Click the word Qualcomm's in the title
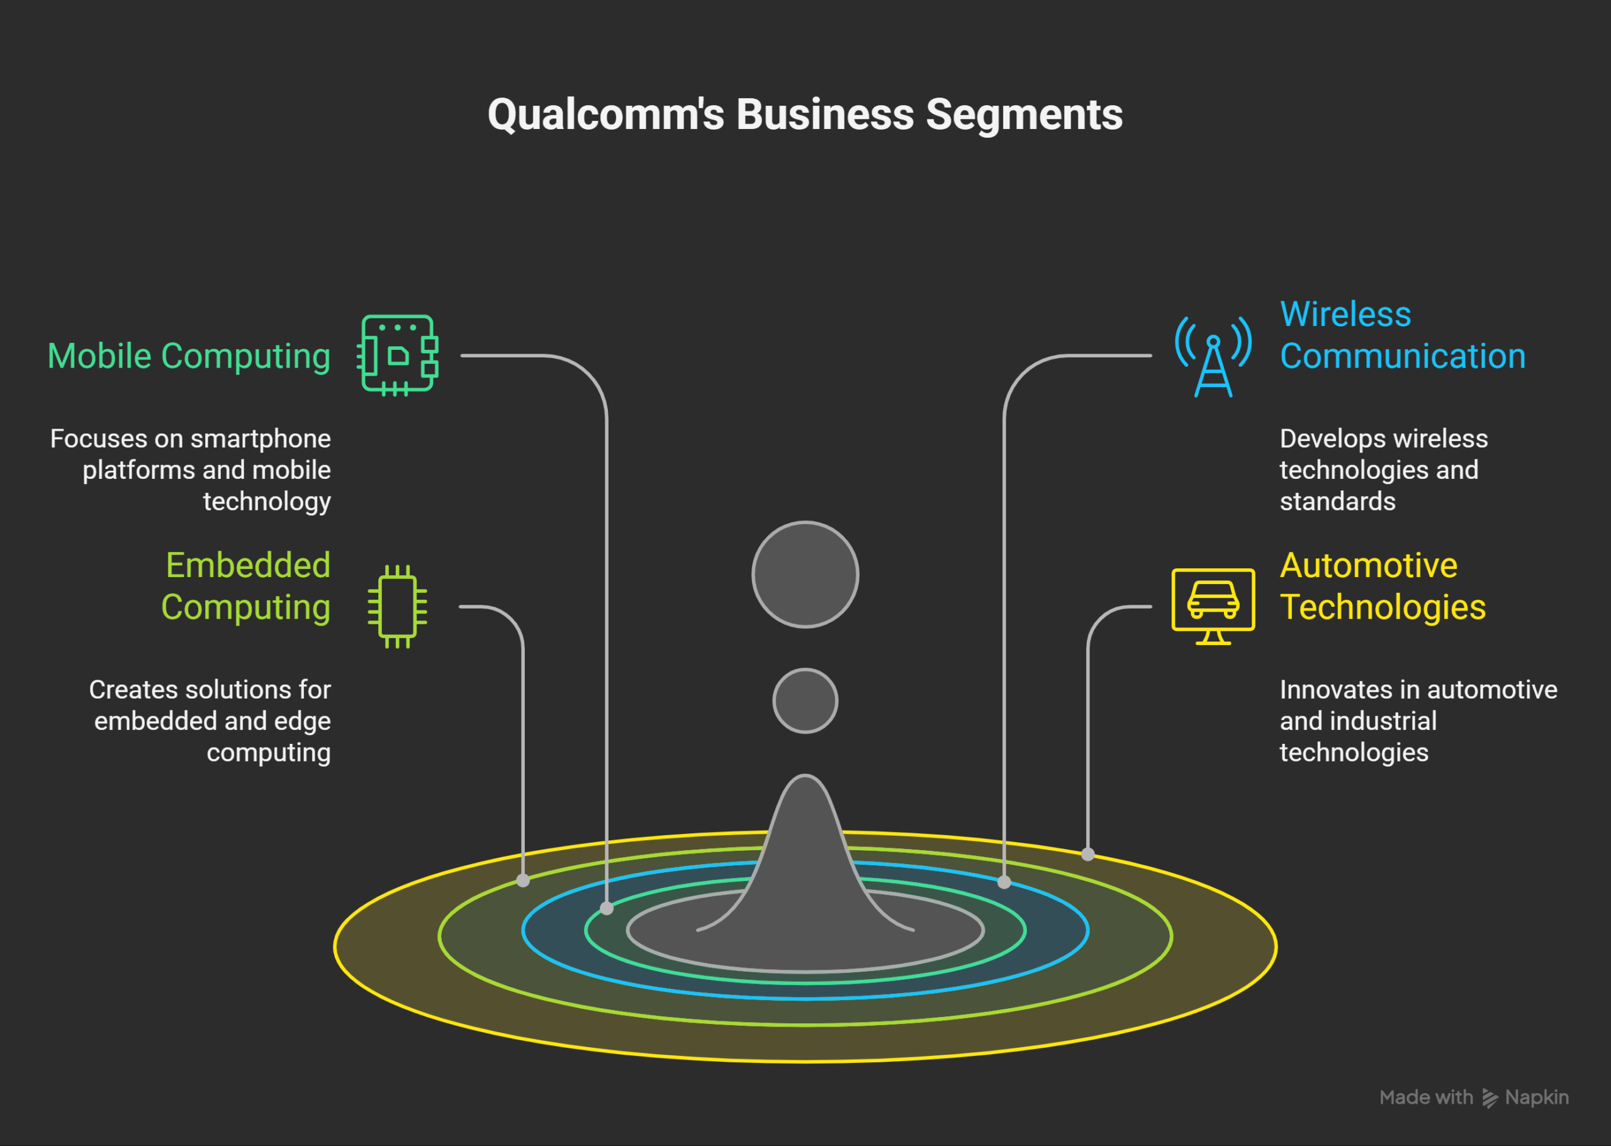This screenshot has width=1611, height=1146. coord(605,115)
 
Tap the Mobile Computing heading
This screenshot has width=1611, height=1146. coord(189,356)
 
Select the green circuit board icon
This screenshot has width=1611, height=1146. coord(398,355)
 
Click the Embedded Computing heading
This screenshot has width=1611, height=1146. coord(246,587)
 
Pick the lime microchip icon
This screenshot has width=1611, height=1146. coord(397,606)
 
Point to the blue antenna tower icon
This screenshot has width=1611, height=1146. coord(1213,356)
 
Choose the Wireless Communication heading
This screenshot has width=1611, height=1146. coord(1402,335)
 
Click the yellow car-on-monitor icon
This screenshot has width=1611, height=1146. coord(1213,605)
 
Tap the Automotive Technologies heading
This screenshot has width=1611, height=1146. coord(1383,587)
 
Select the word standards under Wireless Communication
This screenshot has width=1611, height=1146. coord(1337,502)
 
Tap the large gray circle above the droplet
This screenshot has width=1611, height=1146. coord(805,575)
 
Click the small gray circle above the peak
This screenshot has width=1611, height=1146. coord(805,700)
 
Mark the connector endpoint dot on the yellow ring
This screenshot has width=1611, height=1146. coord(1088,855)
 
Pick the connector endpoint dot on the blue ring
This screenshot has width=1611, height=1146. coord(1004,882)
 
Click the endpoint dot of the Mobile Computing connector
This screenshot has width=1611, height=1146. coord(607,909)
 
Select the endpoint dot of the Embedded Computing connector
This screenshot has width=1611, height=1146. coord(523,880)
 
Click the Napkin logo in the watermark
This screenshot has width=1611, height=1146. coord(1490,1098)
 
